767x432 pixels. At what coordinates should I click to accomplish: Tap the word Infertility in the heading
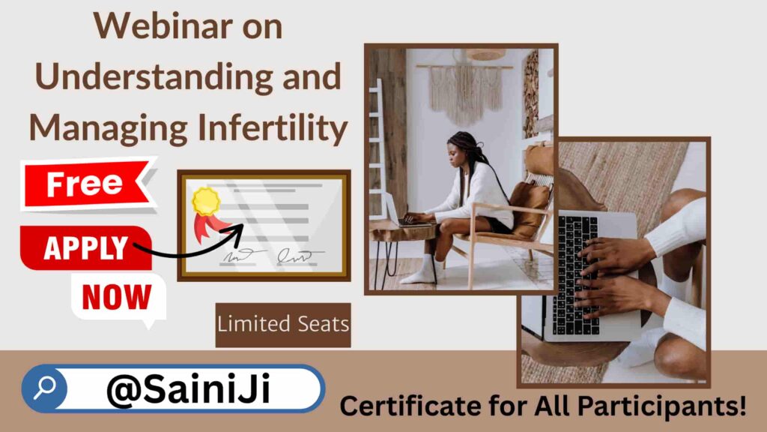[273, 128]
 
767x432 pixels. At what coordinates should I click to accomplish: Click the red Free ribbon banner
[88, 184]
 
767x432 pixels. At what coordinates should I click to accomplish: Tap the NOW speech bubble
[118, 298]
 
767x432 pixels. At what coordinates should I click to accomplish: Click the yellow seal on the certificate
[206, 201]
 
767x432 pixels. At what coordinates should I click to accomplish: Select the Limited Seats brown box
[283, 325]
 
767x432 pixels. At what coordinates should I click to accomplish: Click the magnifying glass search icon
[44, 388]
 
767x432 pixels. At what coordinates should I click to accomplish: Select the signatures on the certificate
[273, 255]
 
